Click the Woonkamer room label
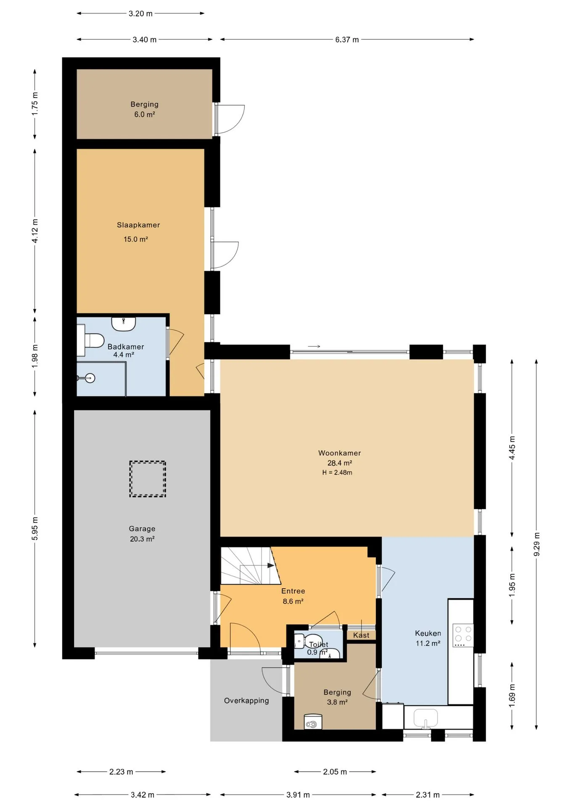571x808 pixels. pyautogui.click(x=339, y=453)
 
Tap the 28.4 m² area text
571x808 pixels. pyautogui.click(x=340, y=463)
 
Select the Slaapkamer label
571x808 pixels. pyautogui.click(x=138, y=225)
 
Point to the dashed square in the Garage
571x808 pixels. pyautogui.click(x=148, y=479)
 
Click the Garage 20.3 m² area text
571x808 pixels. pyautogui.click(x=142, y=539)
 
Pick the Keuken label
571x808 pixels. pyautogui.click(x=428, y=633)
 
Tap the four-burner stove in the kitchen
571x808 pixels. pyautogui.click(x=463, y=635)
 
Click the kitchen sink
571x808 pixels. pyautogui.click(x=426, y=718)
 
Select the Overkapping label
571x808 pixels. pyautogui.click(x=246, y=701)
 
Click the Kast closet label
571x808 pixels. pyautogui.click(x=361, y=635)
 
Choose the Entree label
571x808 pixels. pyautogui.click(x=293, y=591)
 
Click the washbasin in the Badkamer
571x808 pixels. pyautogui.click(x=123, y=324)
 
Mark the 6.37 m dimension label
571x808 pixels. pyautogui.click(x=347, y=40)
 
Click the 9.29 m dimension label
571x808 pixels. pyautogui.click(x=537, y=544)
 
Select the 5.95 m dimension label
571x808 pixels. pyautogui.click(x=35, y=529)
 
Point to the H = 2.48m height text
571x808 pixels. pyautogui.click(x=337, y=473)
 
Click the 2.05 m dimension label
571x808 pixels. pyautogui.click(x=335, y=772)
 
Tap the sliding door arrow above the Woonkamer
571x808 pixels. pyautogui.click(x=314, y=346)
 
